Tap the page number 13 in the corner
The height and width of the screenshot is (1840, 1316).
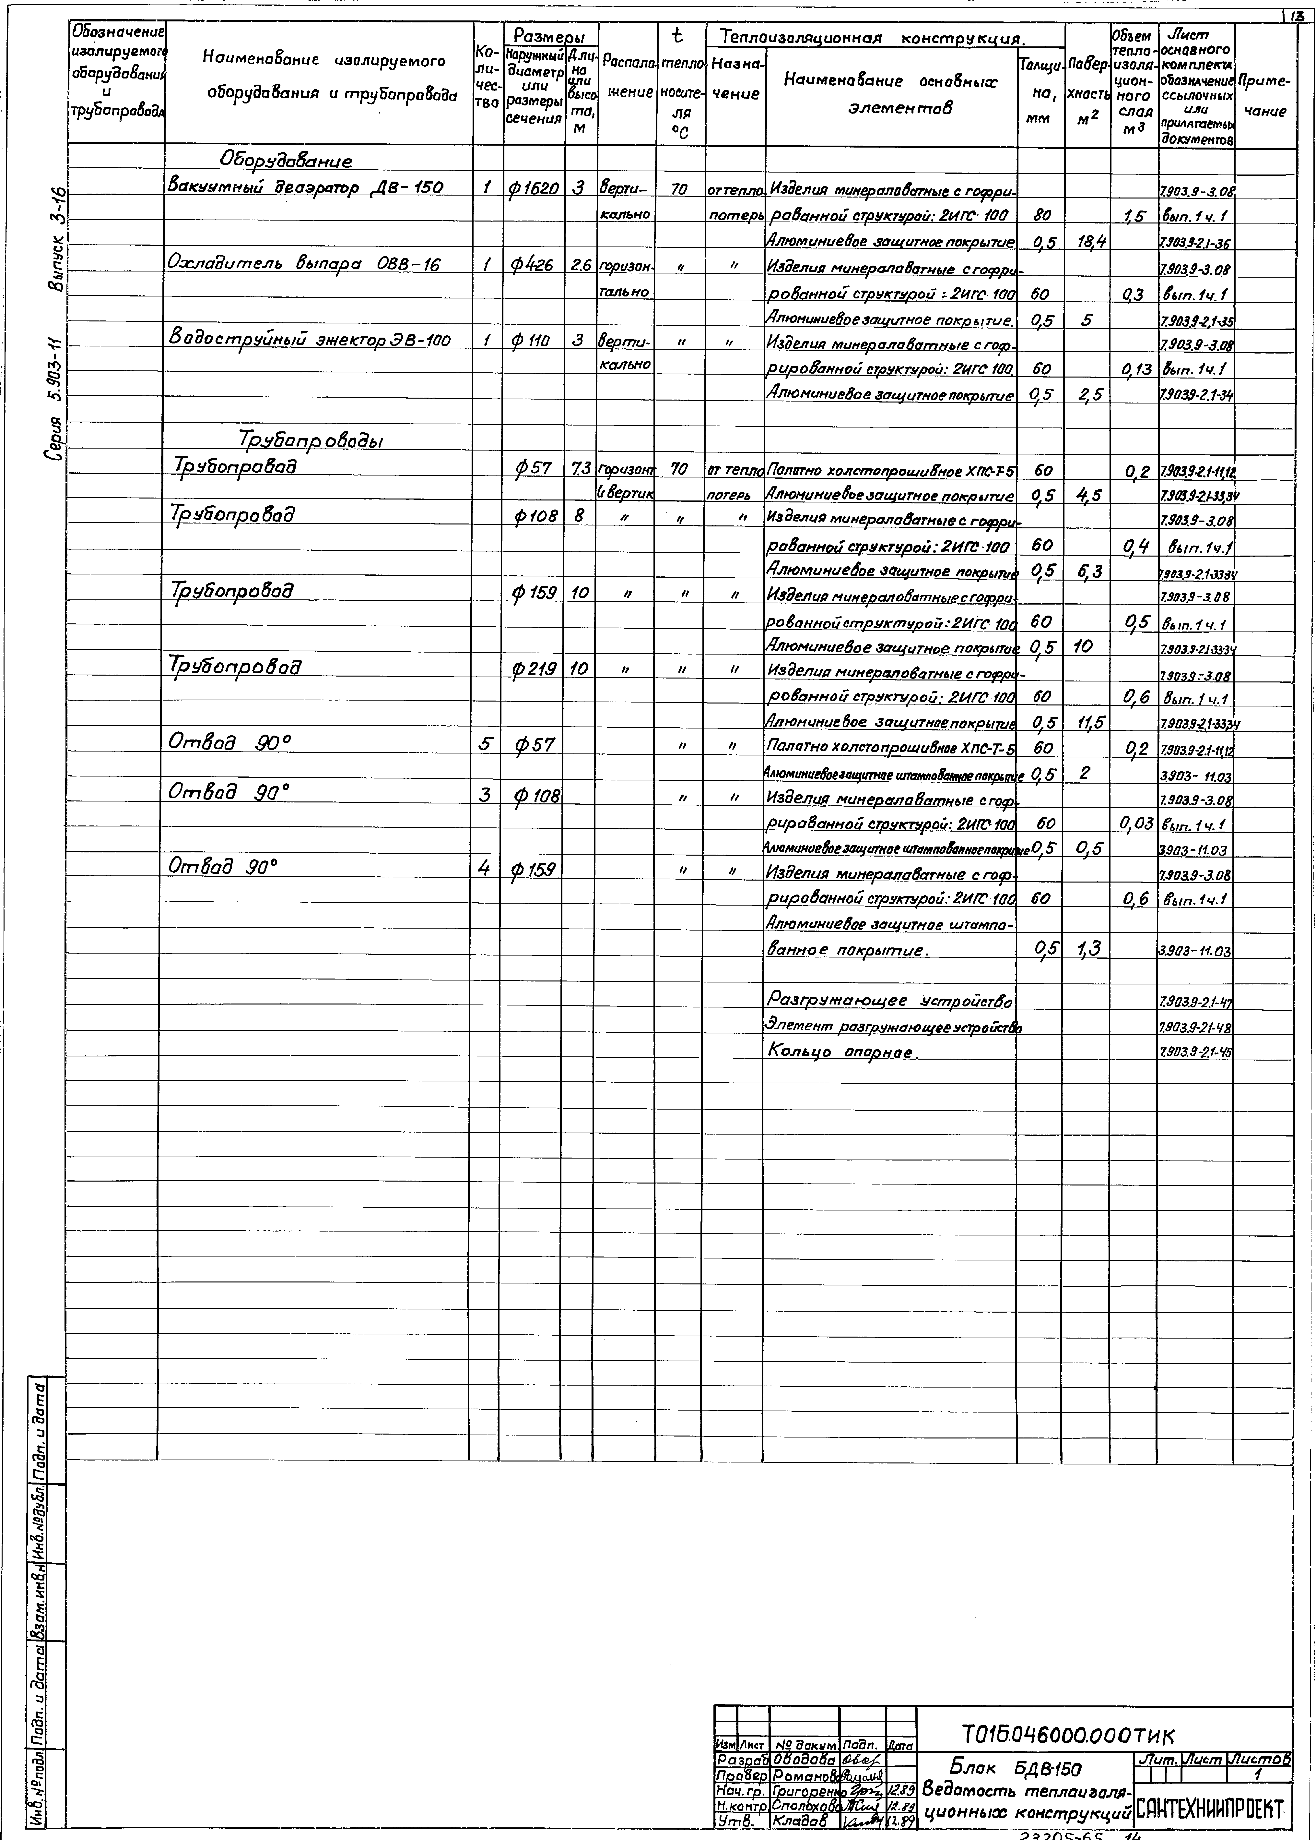tap(1305, 6)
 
